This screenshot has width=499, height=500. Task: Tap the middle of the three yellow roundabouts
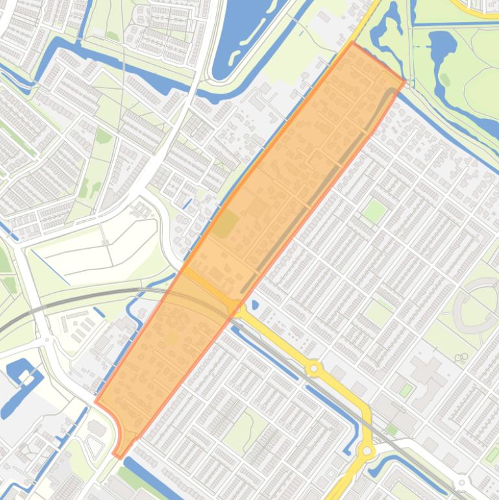(x=314, y=369)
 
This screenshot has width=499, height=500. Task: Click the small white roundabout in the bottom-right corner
(x=462, y=482)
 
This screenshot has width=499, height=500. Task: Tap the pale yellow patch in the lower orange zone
(x=171, y=337)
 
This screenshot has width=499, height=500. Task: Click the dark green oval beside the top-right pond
(x=445, y=80)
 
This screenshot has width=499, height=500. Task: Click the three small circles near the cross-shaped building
(x=461, y=356)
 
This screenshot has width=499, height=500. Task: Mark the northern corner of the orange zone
(x=352, y=44)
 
